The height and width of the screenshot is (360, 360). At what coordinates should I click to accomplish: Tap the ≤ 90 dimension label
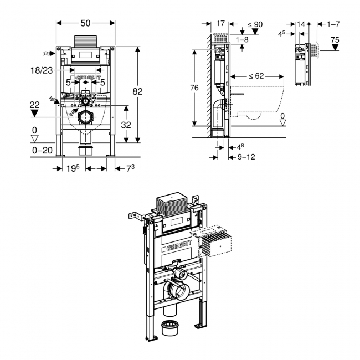(254, 24)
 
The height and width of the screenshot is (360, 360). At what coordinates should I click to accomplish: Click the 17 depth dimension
(220, 24)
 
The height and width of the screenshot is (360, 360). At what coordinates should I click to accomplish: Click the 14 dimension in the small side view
(301, 24)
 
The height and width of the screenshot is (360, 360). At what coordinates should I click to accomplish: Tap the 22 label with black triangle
(35, 104)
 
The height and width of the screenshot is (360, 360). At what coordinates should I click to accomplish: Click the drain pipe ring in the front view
(85, 117)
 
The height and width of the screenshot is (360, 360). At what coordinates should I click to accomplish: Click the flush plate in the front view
(86, 55)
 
